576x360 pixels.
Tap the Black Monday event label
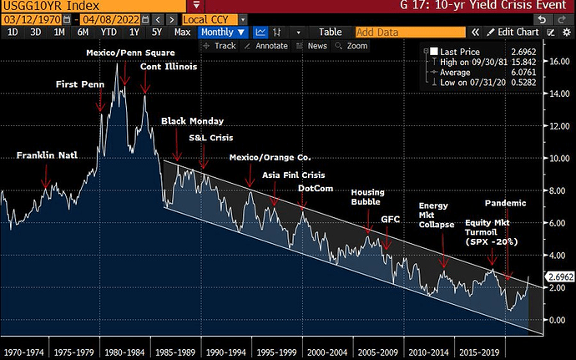tap(192, 121)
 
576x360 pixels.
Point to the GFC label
tap(391, 219)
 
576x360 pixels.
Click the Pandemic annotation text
tap(505, 203)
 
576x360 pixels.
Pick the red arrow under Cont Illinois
tap(144, 82)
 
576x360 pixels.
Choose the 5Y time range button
tap(158, 32)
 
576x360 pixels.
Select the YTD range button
tap(109, 32)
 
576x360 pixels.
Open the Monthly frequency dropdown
tap(224, 32)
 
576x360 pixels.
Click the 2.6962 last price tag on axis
tap(560, 276)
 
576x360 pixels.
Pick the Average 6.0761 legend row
tap(475, 72)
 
